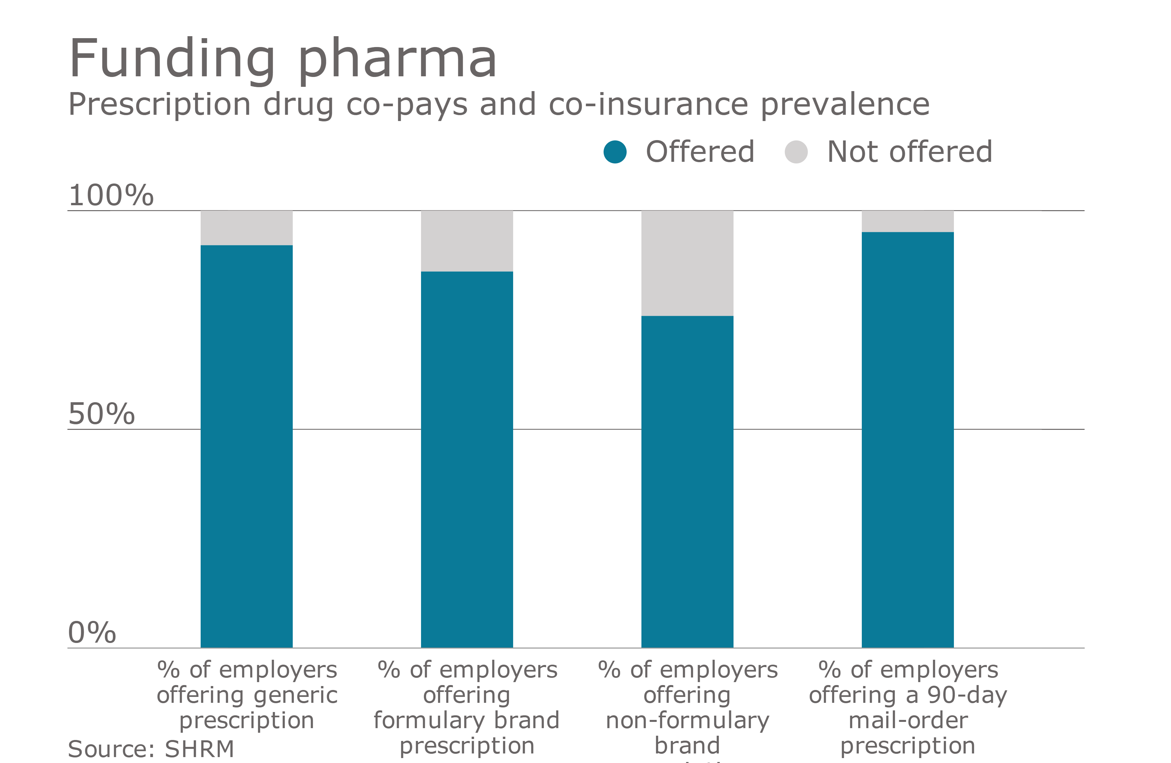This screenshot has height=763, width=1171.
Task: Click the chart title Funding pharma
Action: click(x=283, y=59)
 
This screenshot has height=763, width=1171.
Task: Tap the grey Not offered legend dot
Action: click(x=796, y=152)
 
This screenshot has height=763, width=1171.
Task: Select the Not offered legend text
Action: click(x=909, y=152)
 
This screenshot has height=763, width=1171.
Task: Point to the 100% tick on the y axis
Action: click(x=111, y=195)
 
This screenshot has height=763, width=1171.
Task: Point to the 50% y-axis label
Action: click(x=101, y=414)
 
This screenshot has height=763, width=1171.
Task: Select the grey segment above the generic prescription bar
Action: click(x=246, y=228)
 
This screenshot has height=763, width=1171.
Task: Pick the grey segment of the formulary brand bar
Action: click(x=467, y=241)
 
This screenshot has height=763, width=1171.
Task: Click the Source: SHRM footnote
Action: click(x=151, y=749)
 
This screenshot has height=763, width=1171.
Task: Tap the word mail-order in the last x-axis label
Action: click(x=908, y=721)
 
